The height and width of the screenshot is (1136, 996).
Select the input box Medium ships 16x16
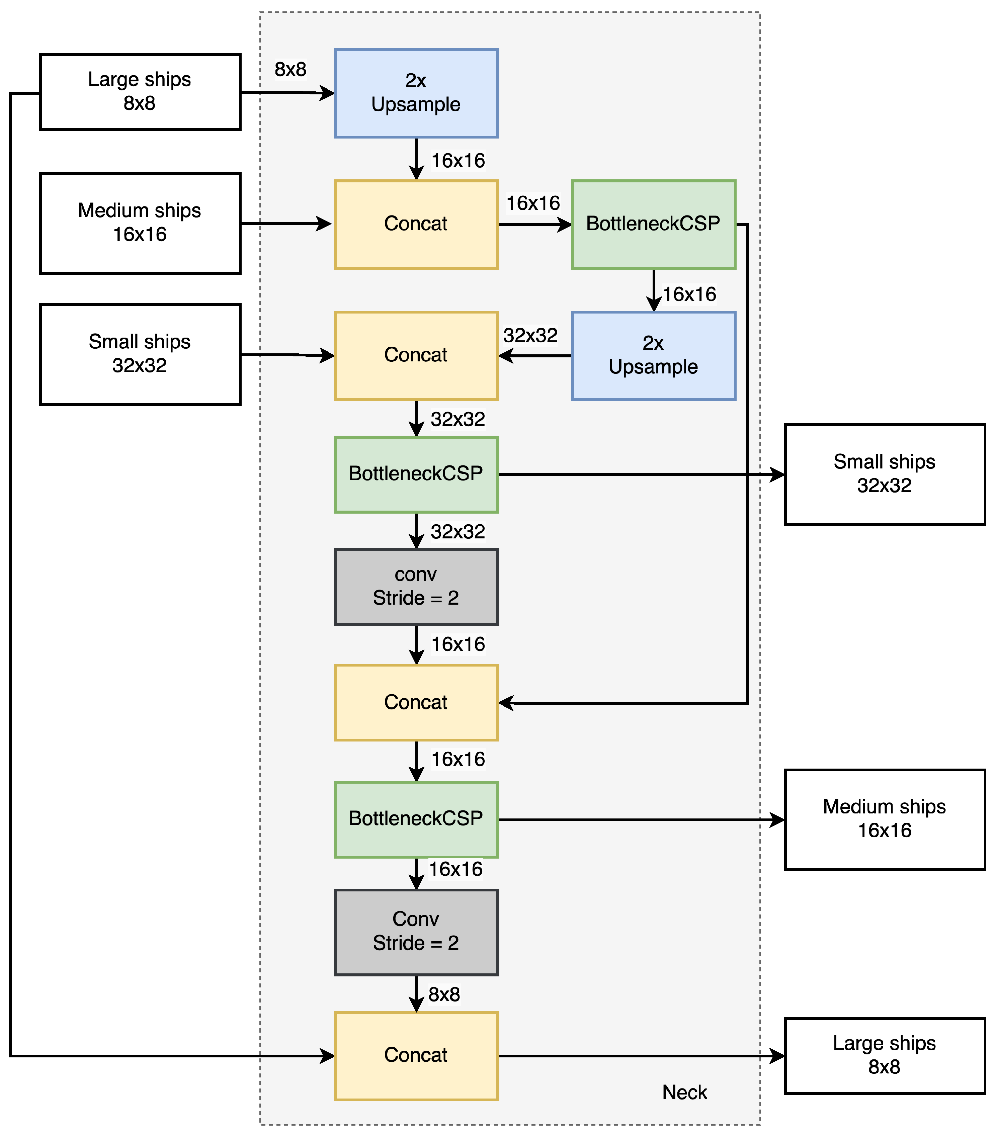[140, 223]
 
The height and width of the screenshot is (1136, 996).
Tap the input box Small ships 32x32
[140, 354]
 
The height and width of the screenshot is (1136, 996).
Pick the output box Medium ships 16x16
[884, 819]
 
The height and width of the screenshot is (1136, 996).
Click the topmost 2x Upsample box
[416, 93]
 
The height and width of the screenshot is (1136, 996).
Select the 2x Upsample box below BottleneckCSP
[654, 356]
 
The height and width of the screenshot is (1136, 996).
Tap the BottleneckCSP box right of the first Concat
[654, 224]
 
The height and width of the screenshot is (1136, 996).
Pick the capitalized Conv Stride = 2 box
[416, 932]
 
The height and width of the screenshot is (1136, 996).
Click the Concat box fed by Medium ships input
[416, 224]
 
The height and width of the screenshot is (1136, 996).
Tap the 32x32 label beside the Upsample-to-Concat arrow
[530, 335]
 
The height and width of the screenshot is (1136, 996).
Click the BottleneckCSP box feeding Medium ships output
[416, 819]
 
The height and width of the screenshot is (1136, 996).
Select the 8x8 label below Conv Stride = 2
[444, 994]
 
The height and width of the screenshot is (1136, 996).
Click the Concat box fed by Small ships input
[416, 356]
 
